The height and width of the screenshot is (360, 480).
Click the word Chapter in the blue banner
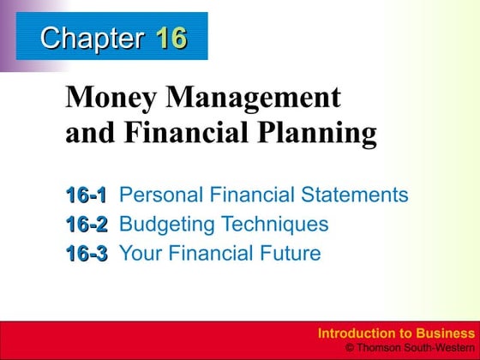(x=92, y=39)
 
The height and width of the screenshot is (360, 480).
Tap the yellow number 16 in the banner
(x=171, y=39)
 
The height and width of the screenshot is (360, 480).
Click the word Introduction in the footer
(x=352, y=333)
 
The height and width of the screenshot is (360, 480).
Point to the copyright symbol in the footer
(x=349, y=347)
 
